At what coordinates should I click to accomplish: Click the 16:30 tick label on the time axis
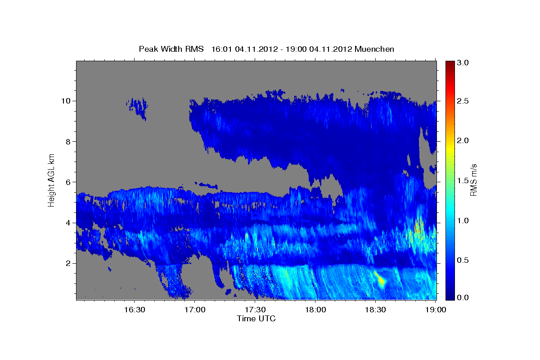point(135,310)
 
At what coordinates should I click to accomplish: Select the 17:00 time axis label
point(195,310)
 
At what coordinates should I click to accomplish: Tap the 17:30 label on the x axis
point(255,310)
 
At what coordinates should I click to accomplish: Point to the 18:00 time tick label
point(315,310)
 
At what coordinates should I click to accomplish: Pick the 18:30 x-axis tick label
point(375,310)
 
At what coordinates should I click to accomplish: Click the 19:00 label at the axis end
point(436,310)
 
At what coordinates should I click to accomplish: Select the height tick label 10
point(66,101)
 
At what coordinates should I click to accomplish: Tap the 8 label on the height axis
point(68,142)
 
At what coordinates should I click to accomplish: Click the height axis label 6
point(68,182)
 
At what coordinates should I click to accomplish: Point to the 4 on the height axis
point(68,223)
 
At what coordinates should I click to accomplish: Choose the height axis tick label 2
point(68,263)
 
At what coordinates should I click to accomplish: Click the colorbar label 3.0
point(463,63)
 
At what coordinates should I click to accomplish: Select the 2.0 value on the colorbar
point(463,140)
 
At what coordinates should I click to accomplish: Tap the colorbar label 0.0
point(463,297)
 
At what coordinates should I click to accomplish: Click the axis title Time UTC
point(256,319)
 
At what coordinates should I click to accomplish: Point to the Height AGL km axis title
point(51,180)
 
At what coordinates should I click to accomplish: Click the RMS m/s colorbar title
point(473,180)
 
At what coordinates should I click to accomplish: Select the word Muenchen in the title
point(374,49)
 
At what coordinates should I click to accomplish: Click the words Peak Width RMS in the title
point(171,49)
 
